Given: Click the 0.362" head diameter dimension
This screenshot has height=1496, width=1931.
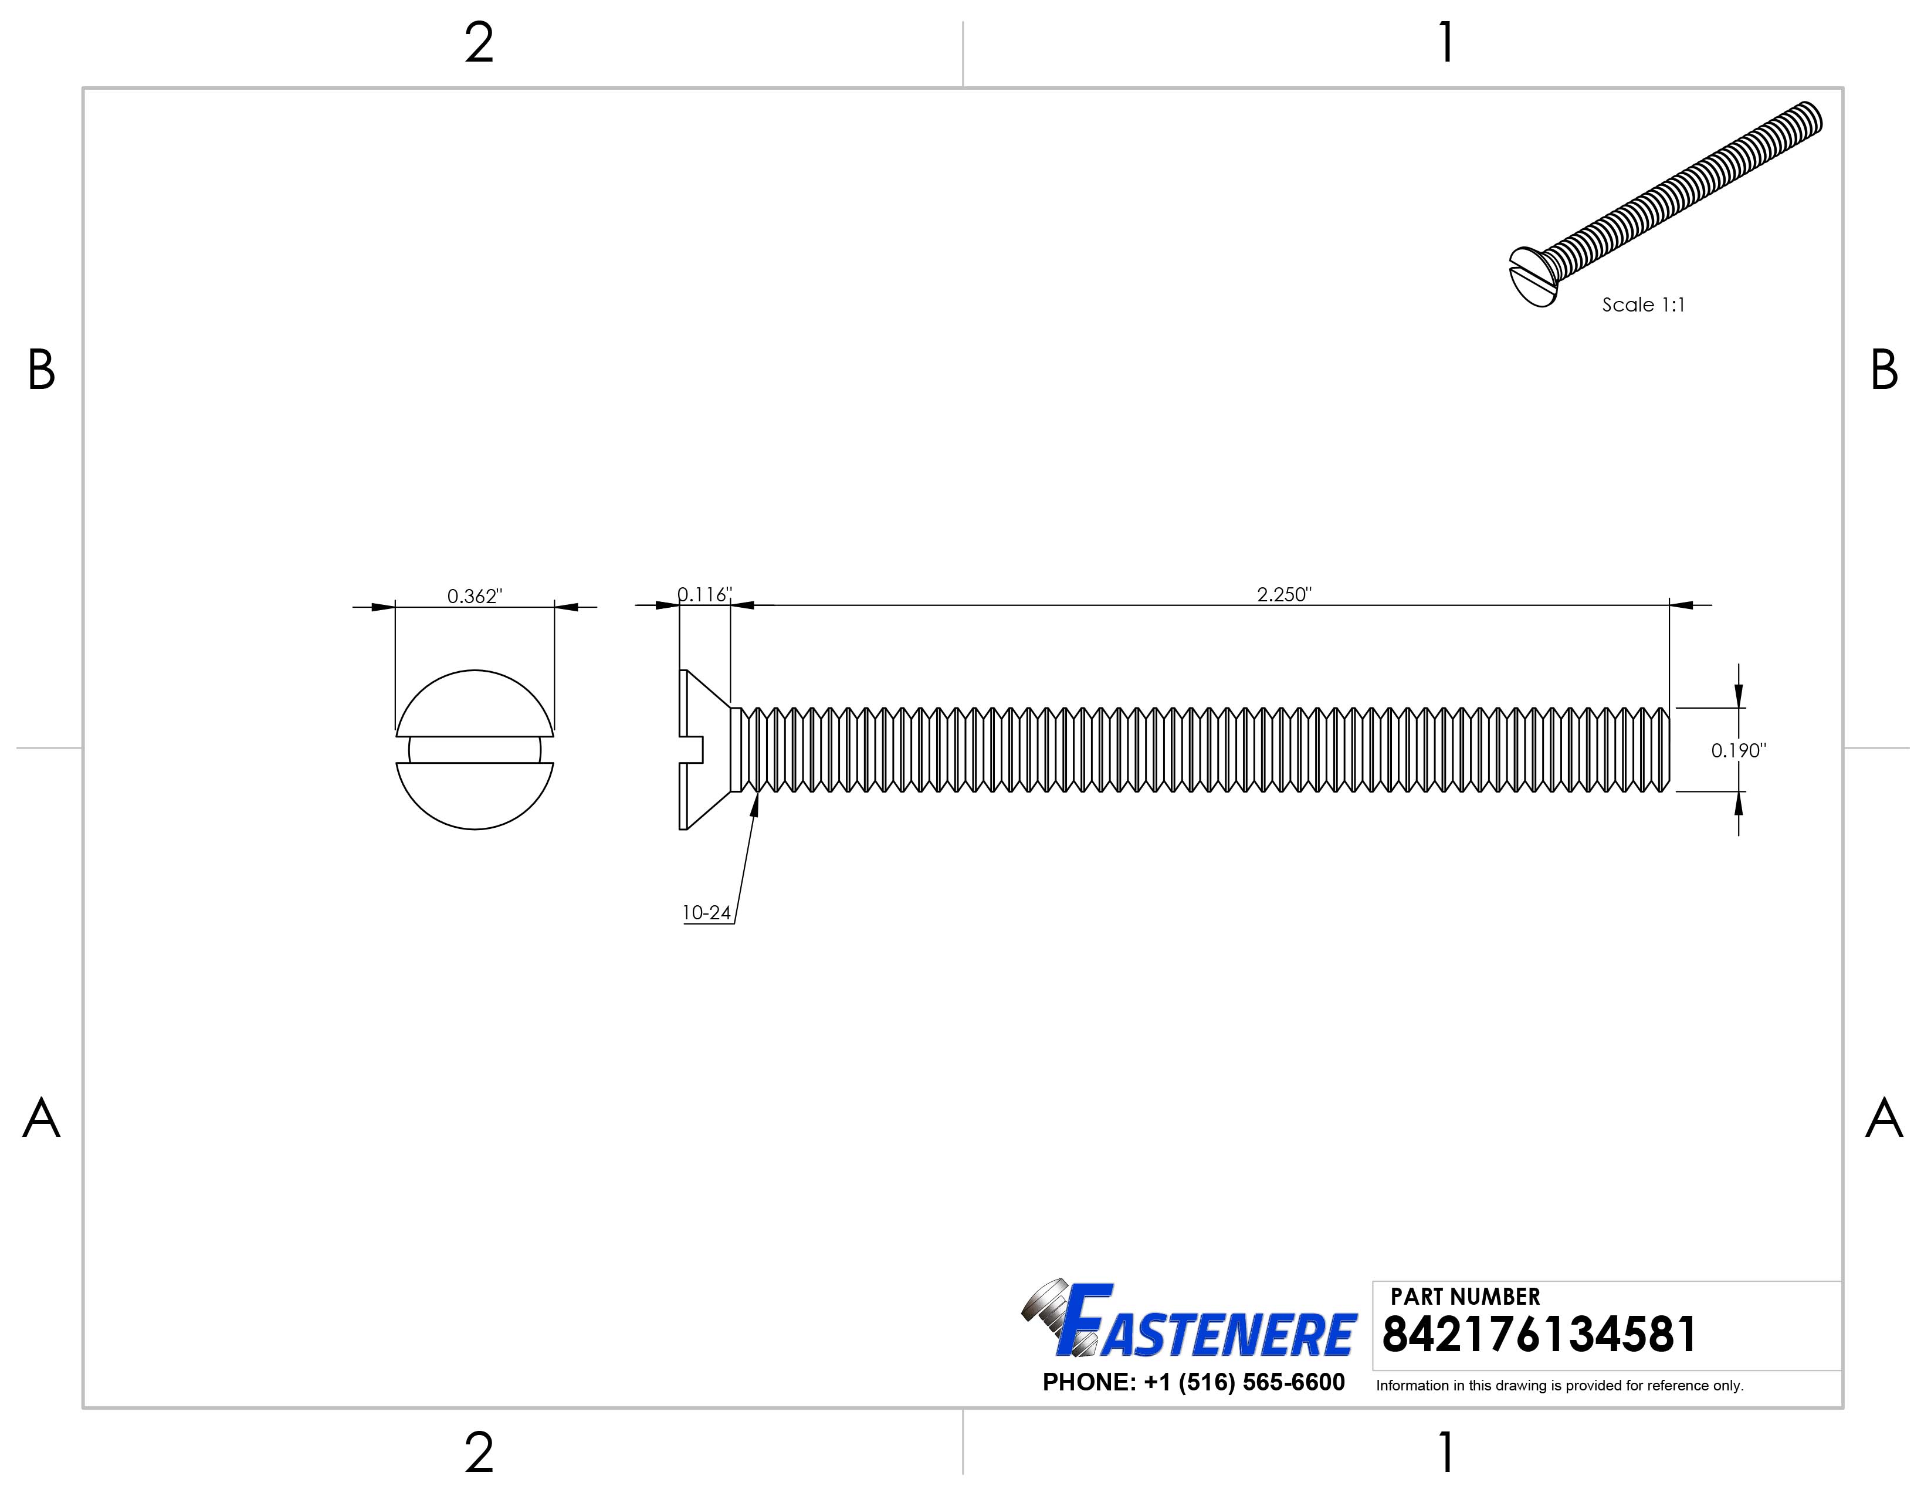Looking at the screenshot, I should point(474,596).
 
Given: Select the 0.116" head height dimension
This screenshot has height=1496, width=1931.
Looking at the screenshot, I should point(704,594).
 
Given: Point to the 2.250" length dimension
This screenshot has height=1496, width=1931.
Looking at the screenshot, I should point(1284,594).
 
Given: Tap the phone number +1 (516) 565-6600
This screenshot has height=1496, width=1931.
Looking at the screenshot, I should point(1194,1382).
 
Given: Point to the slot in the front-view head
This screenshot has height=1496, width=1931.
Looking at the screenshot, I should point(474,750).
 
